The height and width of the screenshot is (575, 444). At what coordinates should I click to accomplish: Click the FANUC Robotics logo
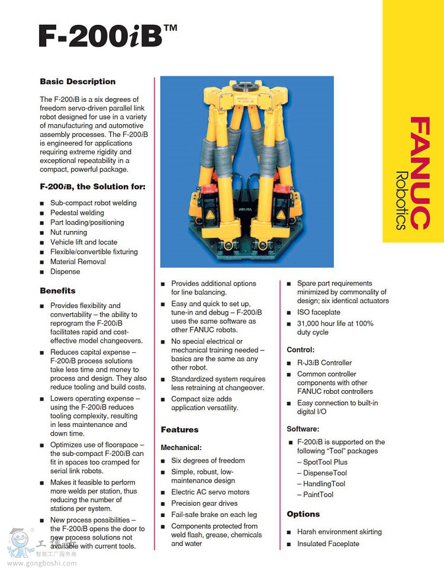pos(412,173)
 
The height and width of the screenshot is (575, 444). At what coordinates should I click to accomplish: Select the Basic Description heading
pos(78,82)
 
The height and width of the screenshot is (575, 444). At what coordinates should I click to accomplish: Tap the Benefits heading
pos(58,291)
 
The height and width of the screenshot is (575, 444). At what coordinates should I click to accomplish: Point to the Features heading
pos(180,429)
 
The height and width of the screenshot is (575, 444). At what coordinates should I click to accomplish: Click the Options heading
pos(303,514)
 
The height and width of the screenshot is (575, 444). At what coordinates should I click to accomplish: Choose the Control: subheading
pos(301,350)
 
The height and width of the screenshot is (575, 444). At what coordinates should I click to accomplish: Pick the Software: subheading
pos(303,429)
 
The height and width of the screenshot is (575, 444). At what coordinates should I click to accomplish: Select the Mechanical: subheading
pos(181,448)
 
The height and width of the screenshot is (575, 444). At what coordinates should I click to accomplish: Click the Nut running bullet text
pos(69,232)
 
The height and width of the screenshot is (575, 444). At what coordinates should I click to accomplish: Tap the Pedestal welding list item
pos(77,213)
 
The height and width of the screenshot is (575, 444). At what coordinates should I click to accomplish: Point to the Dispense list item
pos(65,271)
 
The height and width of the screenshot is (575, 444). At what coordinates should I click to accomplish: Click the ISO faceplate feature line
pos(318,312)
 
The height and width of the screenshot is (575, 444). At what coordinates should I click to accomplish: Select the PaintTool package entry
pos(318,494)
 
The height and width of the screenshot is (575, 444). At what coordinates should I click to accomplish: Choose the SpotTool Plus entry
pos(325,462)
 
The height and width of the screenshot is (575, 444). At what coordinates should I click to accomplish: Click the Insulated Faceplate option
pos(328,544)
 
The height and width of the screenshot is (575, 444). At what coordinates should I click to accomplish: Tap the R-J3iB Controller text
pos(324,362)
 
